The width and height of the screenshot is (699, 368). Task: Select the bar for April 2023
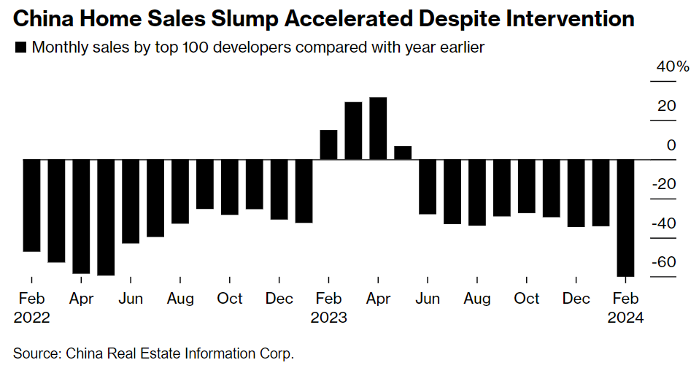378,129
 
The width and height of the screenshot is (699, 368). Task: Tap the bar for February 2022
31,205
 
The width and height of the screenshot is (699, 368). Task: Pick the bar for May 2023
403,153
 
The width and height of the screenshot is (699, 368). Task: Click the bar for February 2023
328,145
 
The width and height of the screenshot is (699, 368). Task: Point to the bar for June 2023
428,186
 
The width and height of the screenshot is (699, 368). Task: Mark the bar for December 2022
279,189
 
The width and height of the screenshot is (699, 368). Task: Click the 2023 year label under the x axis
329,318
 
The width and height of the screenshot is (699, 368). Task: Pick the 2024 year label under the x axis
626,318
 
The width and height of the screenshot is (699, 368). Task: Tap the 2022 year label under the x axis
31,318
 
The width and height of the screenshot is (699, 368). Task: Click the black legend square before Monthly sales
20,48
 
